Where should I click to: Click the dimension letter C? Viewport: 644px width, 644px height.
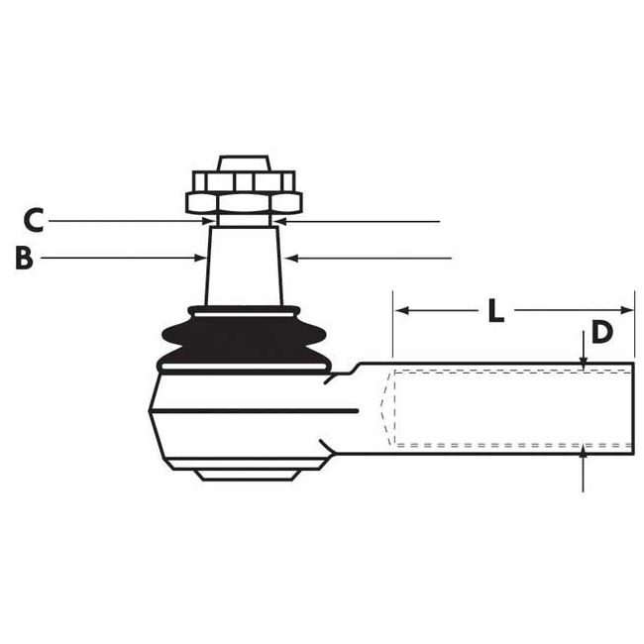(33, 219)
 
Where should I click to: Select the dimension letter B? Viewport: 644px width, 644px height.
(25, 259)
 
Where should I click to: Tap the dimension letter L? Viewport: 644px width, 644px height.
(496, 310)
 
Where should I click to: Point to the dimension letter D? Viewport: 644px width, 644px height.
(601, 332)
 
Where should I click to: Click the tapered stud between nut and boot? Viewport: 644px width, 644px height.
(244, 263)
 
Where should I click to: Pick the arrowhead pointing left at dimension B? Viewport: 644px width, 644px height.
(289, 259)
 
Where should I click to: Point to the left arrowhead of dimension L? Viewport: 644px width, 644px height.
(398, 310)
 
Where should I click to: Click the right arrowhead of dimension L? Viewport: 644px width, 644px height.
(628, 310)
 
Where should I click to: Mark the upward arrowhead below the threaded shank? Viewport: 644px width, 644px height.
(584, 452)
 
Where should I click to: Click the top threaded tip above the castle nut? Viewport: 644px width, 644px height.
(244, 161)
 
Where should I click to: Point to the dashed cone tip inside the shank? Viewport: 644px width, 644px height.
(384, 406)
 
